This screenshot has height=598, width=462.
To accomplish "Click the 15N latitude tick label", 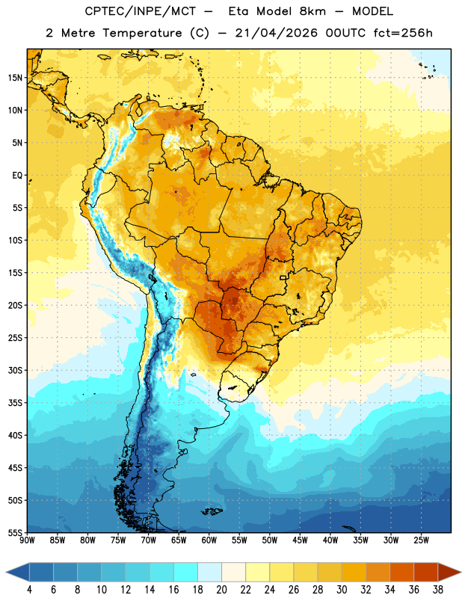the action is (15, 78).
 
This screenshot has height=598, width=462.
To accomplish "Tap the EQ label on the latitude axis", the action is (17, 176).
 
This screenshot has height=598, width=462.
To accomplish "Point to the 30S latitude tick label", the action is (15, 370).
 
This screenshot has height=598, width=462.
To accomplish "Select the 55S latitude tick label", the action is (15, 532).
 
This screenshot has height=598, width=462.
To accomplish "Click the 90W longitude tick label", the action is (27, 540).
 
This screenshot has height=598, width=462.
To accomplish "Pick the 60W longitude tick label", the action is (209, 540).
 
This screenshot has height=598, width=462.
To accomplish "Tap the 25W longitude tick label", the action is (421, 540).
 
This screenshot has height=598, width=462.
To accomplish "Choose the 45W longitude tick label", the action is (300, 540).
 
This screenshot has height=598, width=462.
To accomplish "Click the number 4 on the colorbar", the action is (29, 590).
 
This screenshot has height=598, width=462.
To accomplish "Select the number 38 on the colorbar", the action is (437, 590).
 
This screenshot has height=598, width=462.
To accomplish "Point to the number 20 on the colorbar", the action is (221, 590).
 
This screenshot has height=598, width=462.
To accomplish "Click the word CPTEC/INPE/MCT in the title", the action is (141, 11).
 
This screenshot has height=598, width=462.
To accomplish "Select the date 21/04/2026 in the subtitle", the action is (276, 33).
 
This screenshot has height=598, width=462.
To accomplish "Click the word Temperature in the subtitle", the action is (142, 33).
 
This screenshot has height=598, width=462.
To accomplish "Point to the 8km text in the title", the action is (312, 11).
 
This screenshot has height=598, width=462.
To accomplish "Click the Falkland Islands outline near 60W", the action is (212, 511).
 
